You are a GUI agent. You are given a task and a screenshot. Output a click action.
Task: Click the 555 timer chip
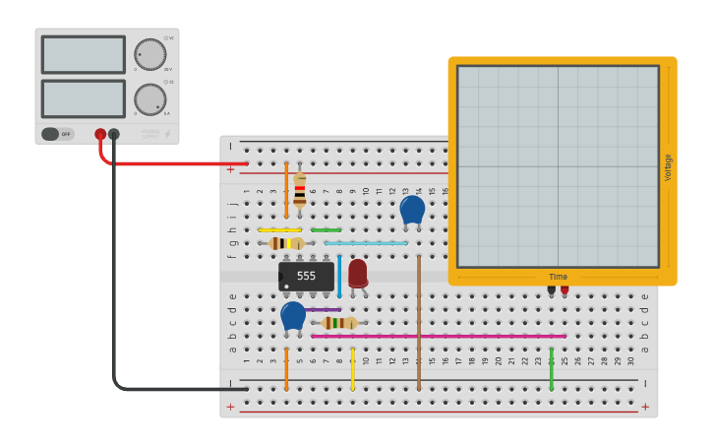point(306,277)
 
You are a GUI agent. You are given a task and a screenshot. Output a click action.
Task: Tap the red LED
point(357,273)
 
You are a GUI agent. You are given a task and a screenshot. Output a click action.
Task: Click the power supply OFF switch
point(58,134)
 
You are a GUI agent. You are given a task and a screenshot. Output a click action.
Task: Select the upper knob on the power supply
point(149,54)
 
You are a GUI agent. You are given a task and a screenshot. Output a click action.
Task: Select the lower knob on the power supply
point(149,99)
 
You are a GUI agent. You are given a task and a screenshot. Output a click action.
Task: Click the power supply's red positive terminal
point(100,134)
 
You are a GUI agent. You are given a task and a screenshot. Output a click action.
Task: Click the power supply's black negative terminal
point(114,134)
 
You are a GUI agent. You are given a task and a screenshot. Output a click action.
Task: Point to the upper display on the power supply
point(84,54)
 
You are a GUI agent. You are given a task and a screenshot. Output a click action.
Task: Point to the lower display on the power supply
point(84,98)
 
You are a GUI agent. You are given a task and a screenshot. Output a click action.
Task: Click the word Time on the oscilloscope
point(558,278)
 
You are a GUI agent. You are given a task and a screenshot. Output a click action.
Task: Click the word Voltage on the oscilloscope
point(668,166)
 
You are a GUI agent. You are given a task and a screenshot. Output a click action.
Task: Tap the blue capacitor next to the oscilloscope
point(412,209)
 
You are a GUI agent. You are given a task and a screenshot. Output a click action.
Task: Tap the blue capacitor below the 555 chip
point(293,315)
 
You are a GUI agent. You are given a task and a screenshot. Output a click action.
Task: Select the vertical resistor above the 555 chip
point(300,188)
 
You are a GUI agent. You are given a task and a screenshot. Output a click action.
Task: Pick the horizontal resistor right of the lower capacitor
point(339,322)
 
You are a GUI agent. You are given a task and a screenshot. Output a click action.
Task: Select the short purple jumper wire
point(323,309)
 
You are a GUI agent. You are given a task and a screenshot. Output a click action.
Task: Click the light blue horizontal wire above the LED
point(365,243)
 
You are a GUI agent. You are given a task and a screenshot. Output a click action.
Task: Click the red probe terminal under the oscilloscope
point(564,289)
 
